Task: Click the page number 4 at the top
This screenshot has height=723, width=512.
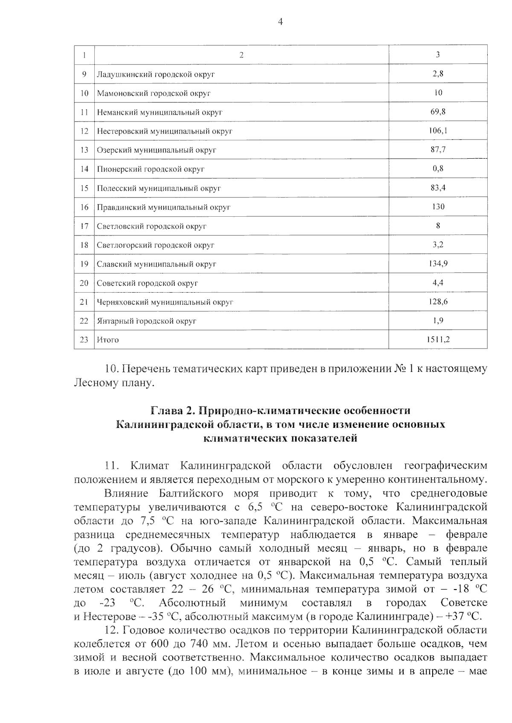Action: (x=280, y=22)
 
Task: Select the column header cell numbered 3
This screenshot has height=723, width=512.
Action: (x=438, y=55)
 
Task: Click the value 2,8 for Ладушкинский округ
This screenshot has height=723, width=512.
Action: (x=438, y=74)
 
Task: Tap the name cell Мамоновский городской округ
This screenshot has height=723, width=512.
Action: (x=154, y=93)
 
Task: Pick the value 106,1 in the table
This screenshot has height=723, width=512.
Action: (x=438, y=131)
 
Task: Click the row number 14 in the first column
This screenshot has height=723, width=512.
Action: (x=84, y=169)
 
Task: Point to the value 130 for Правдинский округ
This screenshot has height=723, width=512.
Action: (x=438, y=207)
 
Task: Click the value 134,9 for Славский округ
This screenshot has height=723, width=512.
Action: (x=438, y=264)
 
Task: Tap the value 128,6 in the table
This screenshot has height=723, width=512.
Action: (x=438, y=302)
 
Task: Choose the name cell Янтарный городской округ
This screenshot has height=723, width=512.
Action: (x=146, y=321)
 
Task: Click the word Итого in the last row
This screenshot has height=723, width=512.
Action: (x=108, y=340)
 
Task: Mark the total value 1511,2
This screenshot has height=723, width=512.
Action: (x=438, y=340)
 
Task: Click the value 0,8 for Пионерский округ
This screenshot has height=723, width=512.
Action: (x=438, y=169)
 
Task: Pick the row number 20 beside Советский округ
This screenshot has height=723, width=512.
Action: (x=84, y=283)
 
